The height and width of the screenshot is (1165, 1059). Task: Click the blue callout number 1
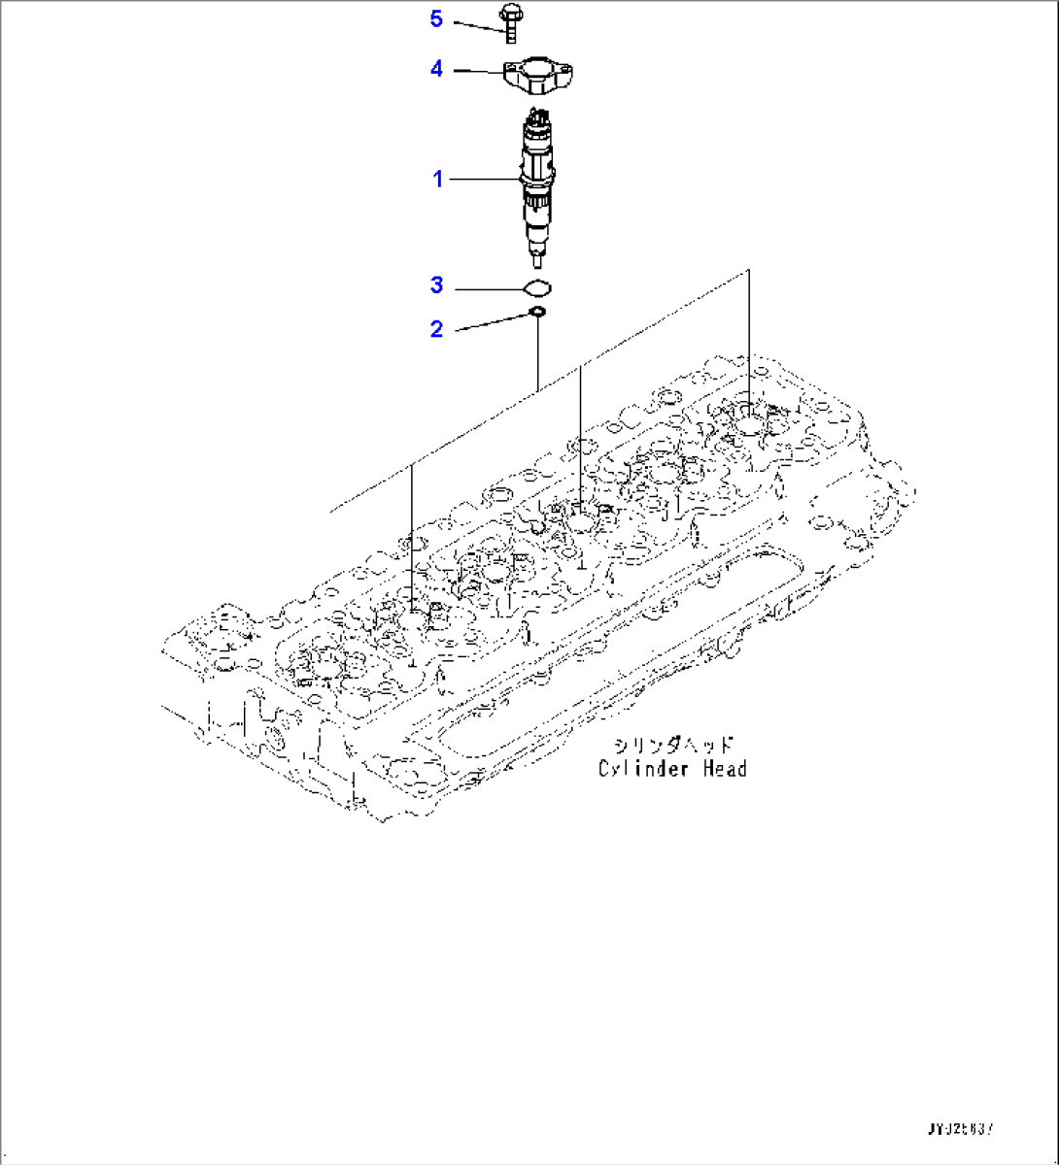437,179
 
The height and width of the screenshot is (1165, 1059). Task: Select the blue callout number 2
436,329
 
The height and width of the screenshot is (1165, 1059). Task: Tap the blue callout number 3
436,285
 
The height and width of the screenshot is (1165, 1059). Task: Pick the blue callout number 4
436,69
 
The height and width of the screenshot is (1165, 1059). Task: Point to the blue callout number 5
436,18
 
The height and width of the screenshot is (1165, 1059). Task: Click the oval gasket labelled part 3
536,287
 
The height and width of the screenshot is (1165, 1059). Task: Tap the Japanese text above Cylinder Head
672,746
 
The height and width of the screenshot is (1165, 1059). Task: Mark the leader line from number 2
491,322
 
